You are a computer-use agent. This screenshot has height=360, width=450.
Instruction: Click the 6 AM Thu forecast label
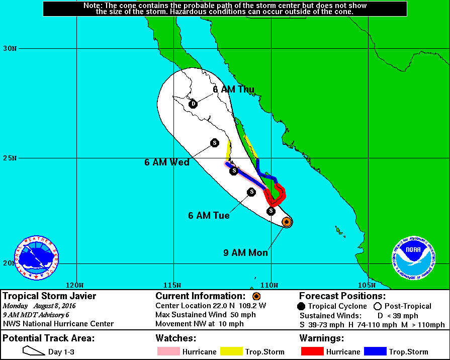coord(233,89)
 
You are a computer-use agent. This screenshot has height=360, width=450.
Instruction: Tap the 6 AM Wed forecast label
coord(167,162)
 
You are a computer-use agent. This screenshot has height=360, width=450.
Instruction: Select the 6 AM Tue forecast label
coord(209,216)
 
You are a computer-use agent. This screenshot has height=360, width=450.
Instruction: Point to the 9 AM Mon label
coord(245,253)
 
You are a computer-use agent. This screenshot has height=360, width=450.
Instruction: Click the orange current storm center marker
coord(286,221)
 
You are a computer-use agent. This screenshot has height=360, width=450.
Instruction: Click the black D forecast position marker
coord(193,104)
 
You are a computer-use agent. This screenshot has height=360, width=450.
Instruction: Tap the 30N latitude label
coord(10,49)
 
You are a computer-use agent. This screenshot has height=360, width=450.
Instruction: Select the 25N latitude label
coord(10,158)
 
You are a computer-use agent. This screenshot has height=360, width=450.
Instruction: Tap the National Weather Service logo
coord(36,258)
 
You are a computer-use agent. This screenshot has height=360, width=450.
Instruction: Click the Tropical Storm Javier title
coord(49,296)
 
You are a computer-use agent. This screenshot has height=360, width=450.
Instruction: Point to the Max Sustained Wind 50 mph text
coord(205,315)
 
